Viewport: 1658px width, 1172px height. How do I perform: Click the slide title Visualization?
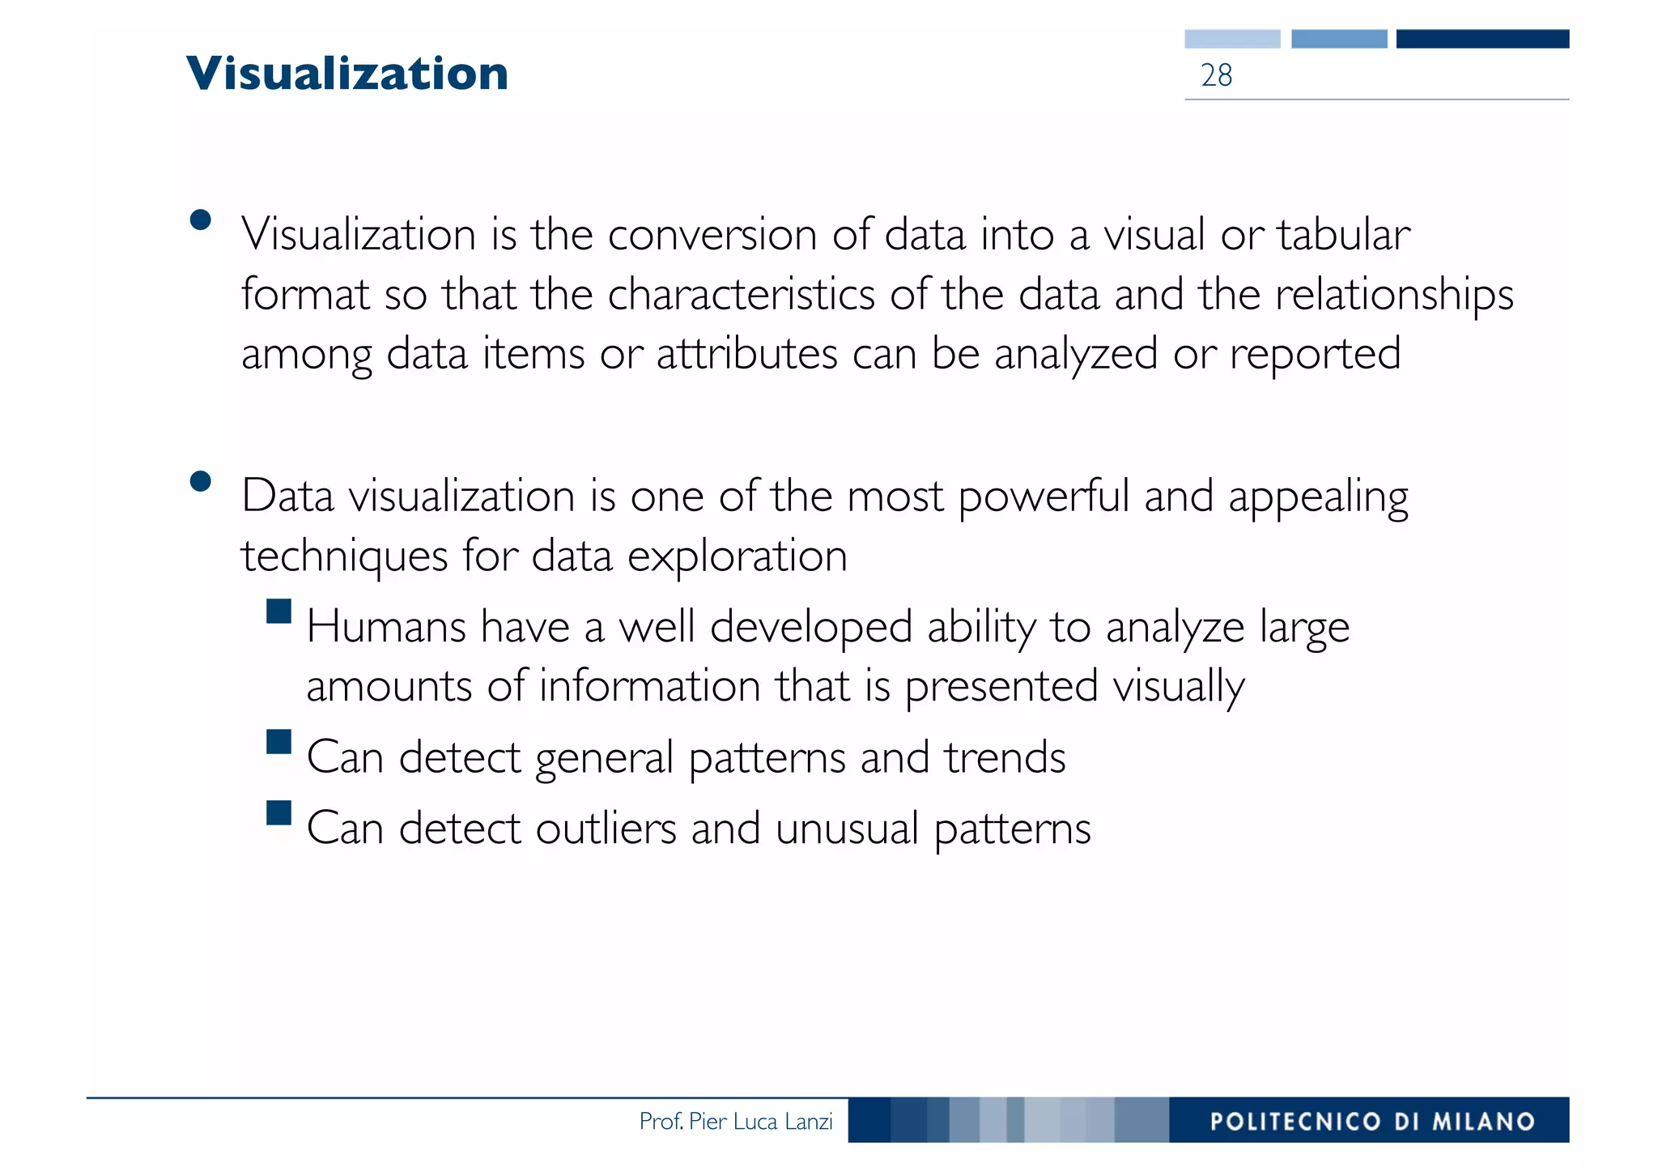point(346,73)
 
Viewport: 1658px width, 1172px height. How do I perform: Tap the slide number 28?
point(1216,75)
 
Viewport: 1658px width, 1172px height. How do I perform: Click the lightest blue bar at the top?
point(1232,39)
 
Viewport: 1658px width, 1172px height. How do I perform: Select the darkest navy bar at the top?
point(1482,39)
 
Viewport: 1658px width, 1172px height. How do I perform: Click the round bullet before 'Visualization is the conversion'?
point(200,220)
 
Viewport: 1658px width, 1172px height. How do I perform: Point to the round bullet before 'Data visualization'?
point(200,482)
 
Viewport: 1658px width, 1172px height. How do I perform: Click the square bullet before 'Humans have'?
point(278,611)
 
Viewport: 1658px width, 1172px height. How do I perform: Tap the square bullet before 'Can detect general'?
point(278,742)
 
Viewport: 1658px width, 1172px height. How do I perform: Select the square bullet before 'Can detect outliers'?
point(278,812)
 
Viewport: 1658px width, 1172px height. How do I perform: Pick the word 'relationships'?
point(1394,295)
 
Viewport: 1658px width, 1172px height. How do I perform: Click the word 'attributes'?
point(746,354)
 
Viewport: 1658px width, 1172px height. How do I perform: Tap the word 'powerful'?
point(1044,497)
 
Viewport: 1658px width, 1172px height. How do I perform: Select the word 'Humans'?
point(386,627)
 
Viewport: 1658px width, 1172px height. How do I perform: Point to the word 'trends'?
point(1004,757)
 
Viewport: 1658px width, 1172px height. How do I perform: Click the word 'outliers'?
point(606,829)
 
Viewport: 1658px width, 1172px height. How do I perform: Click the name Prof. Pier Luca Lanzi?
point(735,1121)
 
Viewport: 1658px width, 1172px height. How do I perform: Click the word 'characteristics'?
point(741,295)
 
